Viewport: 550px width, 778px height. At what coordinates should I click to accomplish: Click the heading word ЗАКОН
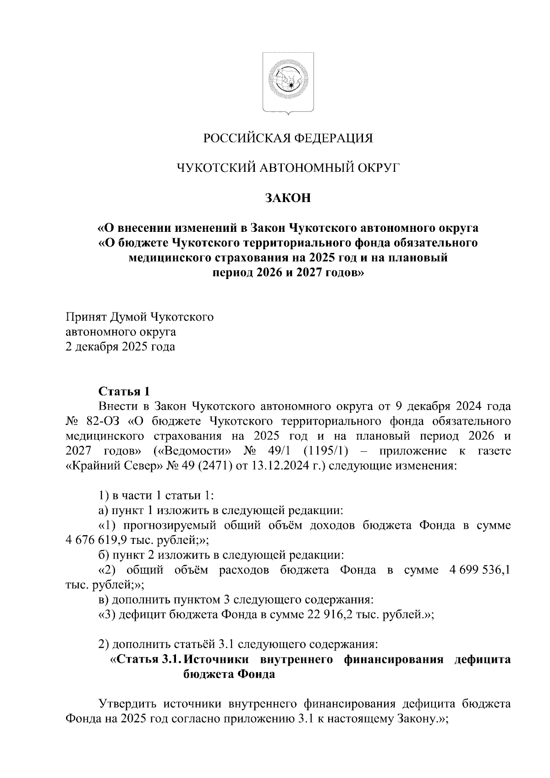pos(288,198)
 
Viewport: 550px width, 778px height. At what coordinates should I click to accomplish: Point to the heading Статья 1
pos(124,391)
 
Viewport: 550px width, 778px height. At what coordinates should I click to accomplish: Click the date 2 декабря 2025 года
pos(121,346)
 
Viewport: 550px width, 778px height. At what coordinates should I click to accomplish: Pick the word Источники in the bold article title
pos(220,659)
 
